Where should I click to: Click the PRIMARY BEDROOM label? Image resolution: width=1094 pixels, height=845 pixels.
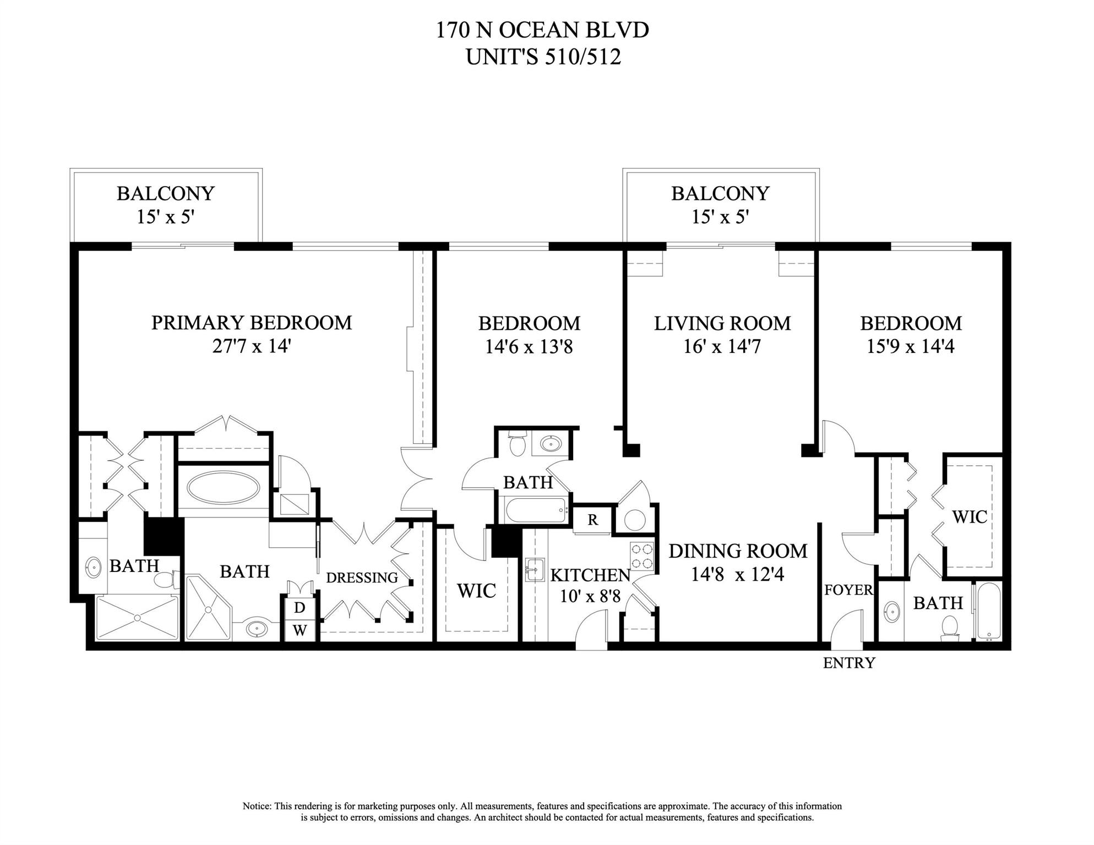point(252,323)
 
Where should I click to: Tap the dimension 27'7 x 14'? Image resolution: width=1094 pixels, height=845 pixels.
point(252,346)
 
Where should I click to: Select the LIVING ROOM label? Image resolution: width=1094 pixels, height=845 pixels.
point(722,323)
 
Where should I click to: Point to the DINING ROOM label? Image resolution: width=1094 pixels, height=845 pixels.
point(738,551)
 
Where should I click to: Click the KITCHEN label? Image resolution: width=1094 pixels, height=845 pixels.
point(590,575)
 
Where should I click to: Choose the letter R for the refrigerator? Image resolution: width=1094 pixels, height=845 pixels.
point(592,520)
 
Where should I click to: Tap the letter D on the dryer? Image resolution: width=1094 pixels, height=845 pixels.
point(300,608)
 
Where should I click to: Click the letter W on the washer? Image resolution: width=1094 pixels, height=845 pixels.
point(300,630)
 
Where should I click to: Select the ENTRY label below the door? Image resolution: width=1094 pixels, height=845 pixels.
point(848,663)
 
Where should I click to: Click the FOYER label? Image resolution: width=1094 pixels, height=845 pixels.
point(848,590)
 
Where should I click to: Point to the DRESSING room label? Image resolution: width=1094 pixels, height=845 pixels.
point(362,578)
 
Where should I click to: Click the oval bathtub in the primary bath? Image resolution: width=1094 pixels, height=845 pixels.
point(224,488)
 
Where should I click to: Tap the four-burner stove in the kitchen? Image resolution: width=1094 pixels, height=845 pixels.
point(642,556)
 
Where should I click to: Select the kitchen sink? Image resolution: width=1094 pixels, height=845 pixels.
point(534,569)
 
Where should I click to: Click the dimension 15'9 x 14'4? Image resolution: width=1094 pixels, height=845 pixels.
point(911,347)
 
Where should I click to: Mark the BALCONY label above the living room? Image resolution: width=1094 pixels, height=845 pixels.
point(720,194)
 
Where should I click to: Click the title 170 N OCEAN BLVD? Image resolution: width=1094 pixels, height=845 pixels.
point(542,30)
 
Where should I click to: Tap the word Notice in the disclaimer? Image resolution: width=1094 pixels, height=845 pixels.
point(257,806)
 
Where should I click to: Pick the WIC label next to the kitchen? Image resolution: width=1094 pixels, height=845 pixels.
point(476,591)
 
